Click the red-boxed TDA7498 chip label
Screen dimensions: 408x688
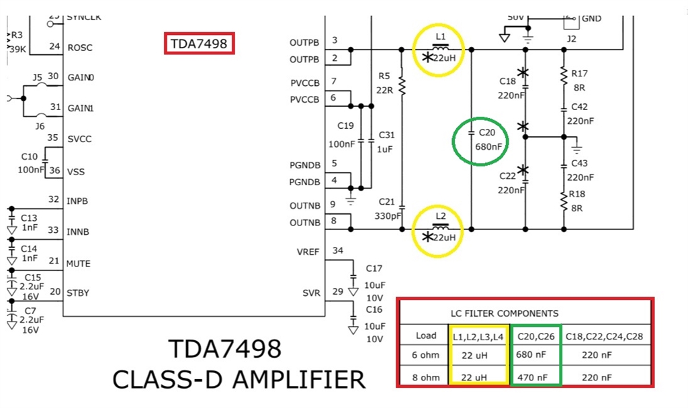[200, 44]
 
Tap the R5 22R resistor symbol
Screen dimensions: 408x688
[402, 85]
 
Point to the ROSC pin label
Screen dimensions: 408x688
[80, 48]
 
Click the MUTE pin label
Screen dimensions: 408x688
[78, 264]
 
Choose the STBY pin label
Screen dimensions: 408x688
[78, 293]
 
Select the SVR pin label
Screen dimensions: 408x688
[311, 293]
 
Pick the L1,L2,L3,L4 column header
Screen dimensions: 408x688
[477, 336]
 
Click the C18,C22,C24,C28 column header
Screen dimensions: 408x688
[604, 336]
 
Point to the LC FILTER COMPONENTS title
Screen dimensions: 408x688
[504, 313]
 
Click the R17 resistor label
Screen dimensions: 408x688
[579, 74]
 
